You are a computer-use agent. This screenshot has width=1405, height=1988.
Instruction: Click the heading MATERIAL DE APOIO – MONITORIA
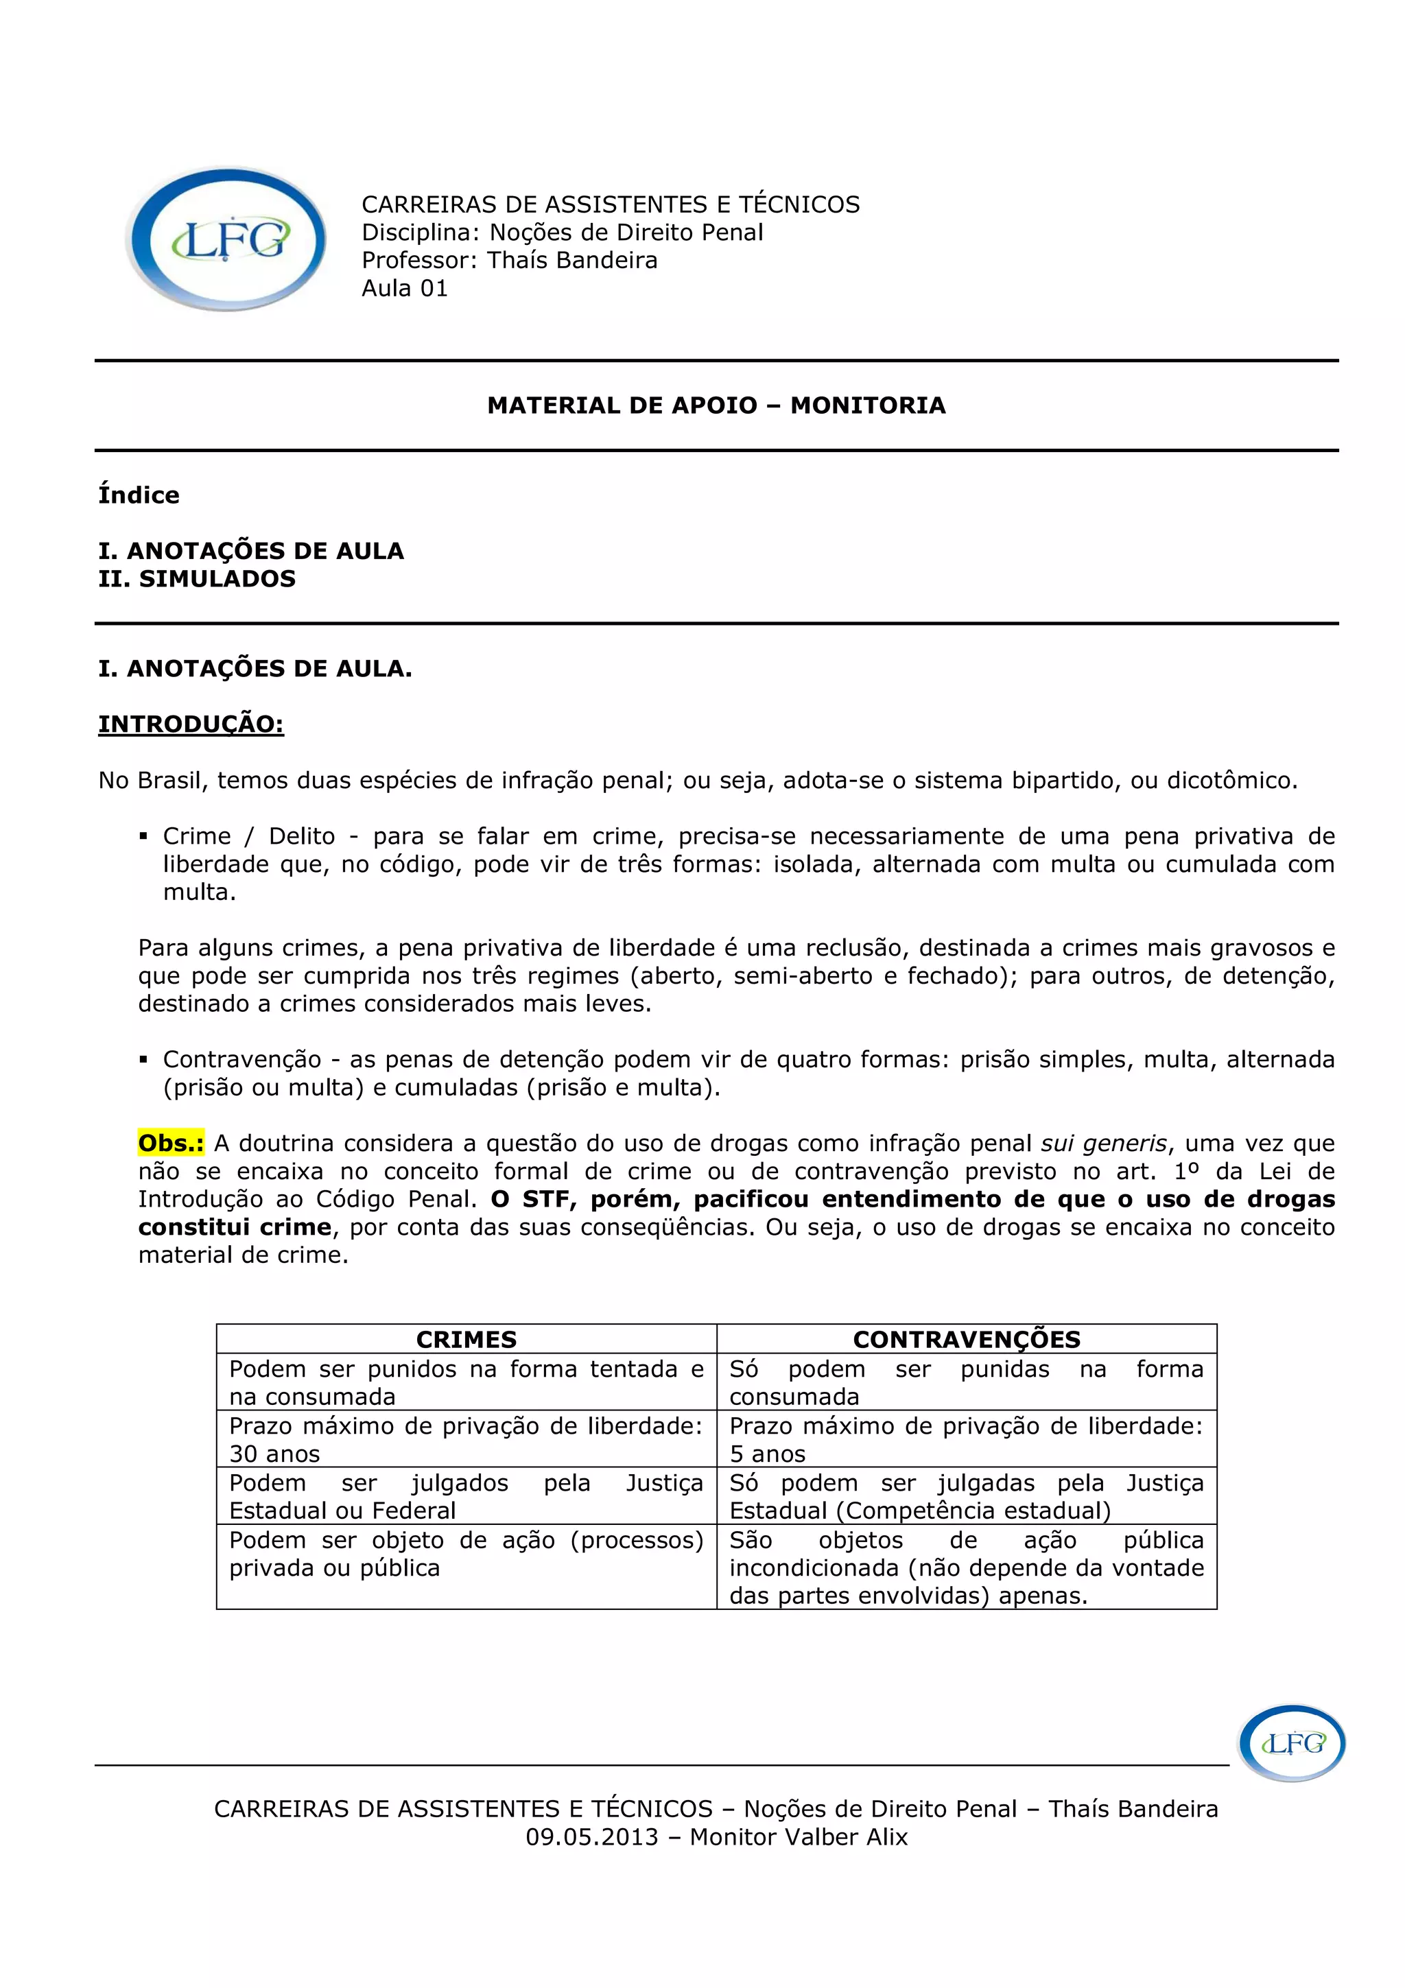pos(716,405)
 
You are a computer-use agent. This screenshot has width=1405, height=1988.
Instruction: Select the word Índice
pos(139,495)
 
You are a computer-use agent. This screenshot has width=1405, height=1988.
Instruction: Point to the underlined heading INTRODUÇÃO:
pos(191,724)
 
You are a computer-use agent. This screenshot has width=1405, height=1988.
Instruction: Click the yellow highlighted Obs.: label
pos(172,1143)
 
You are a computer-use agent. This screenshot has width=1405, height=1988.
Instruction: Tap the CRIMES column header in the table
pos(466,1340)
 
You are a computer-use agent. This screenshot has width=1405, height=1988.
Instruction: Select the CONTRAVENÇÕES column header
pos(966,1340)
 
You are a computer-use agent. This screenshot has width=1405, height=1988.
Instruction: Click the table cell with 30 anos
pos(466,1439)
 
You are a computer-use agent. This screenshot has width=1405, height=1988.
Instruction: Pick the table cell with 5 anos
pos(966,1439)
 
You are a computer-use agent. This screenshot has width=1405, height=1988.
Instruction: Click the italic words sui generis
pos(1104,1144)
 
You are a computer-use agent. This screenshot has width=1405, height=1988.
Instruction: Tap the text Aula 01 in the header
pos(404,288)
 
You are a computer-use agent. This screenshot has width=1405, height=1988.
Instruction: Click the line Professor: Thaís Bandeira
pos(509,261)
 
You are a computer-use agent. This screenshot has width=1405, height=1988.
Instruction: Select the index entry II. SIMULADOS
pos(198,578)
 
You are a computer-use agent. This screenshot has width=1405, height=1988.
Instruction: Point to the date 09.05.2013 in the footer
pos(592,1836)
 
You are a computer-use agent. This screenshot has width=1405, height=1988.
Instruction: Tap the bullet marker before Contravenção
pos(143,1060)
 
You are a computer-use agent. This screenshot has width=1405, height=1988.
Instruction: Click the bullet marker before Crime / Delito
pos(143,836)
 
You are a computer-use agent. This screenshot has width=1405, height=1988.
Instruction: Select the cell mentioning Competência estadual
pos(966,1496)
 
